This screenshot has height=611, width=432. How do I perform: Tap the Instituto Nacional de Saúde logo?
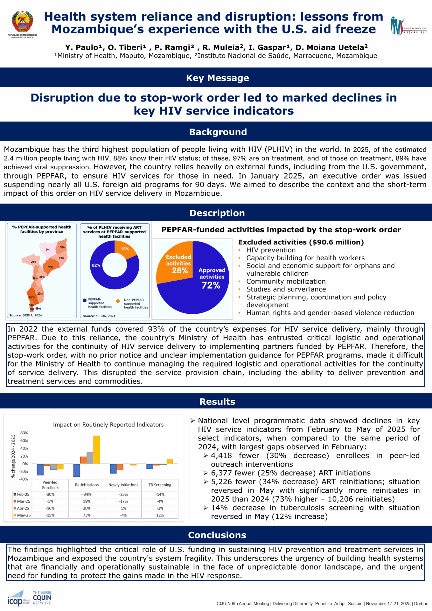[408, 26]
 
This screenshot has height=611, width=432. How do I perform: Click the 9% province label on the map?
[47, 250]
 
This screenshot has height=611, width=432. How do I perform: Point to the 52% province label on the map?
[50, 267]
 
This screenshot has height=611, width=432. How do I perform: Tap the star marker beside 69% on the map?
[32, 309]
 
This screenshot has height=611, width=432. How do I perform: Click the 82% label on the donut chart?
[96, 265]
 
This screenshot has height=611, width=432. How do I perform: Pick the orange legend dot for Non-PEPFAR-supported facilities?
[118, 301]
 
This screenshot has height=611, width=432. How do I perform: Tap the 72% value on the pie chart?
[211, 285]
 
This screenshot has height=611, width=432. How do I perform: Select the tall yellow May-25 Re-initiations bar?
[97, 449]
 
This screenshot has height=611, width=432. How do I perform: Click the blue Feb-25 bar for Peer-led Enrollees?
[40, 469]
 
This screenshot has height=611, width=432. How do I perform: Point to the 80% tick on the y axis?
[24, 433]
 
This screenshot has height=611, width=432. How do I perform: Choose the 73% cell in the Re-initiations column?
[87, 515]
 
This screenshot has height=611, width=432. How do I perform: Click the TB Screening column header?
[160, 485]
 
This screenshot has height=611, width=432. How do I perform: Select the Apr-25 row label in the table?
[23, 509]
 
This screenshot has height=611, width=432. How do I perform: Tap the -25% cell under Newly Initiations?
[123, 495]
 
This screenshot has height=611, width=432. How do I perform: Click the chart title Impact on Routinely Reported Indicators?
[108, 425]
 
